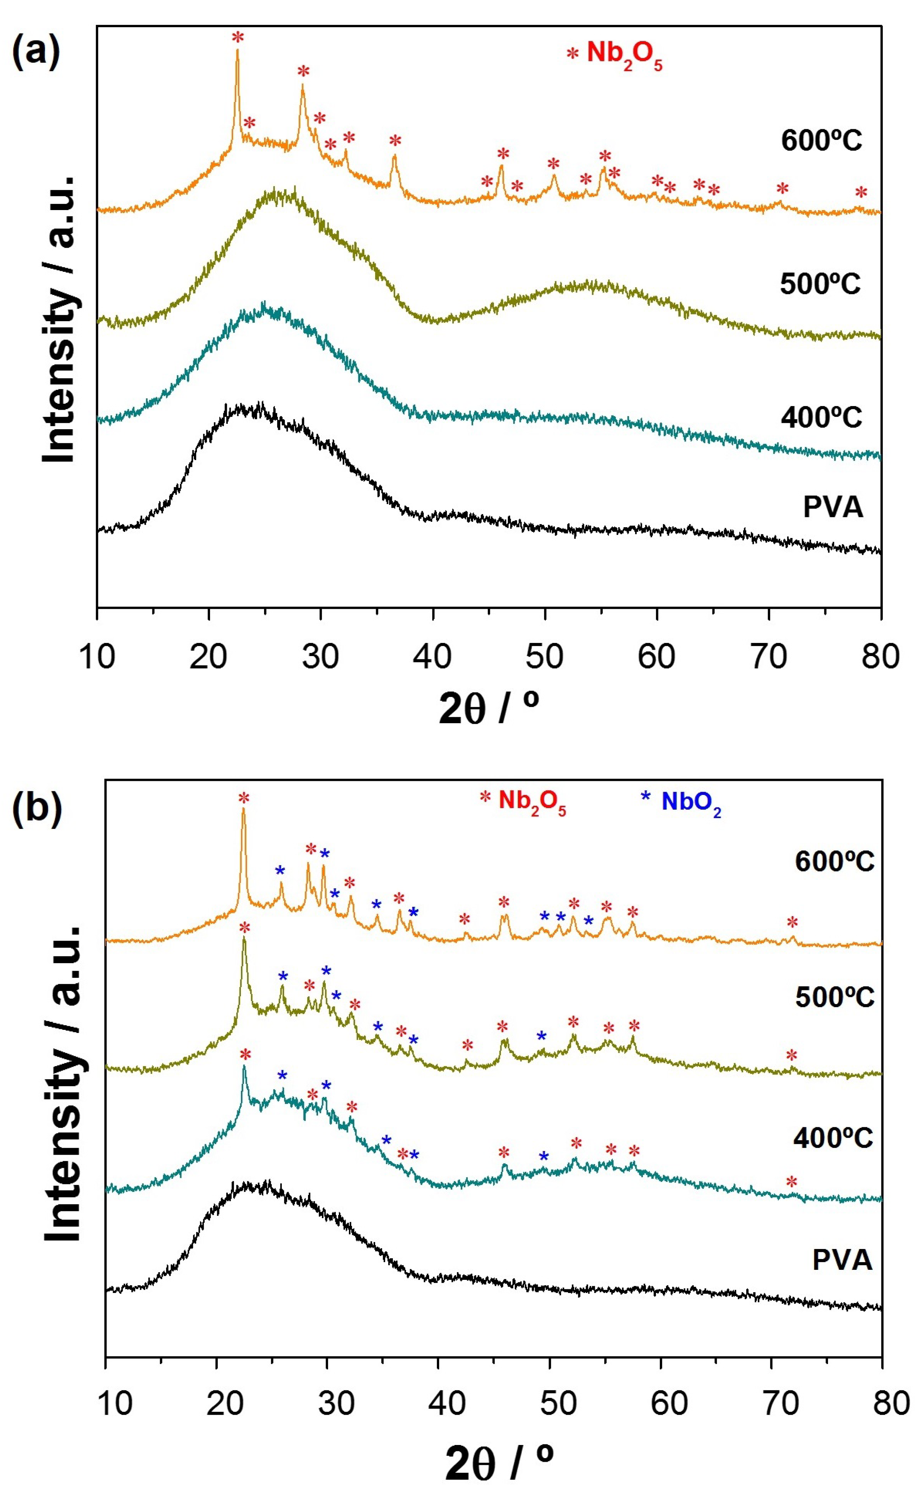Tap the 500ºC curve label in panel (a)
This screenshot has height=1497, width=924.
[x=820, y=284]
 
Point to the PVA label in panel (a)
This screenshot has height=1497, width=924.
[x=832, y=507]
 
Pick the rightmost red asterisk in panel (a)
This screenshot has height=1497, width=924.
[x=861, y=193]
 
